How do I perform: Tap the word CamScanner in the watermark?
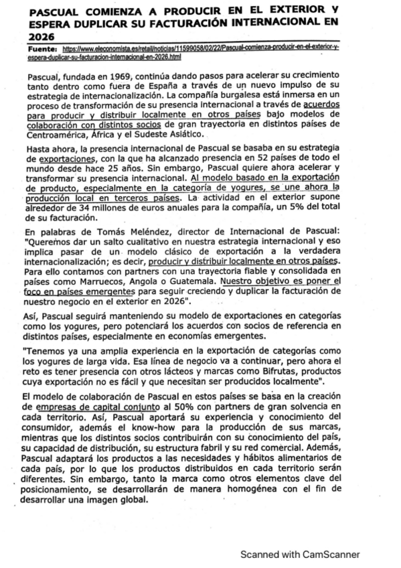click(328, 553)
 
